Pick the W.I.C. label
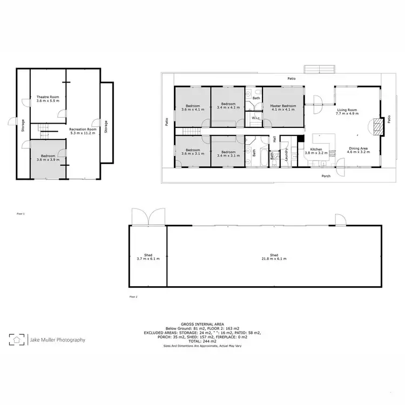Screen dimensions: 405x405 click(254, 119)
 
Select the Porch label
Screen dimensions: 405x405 click(326, 176)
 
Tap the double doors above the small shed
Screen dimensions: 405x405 click(147, 217)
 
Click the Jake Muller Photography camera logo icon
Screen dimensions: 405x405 click(17, 340)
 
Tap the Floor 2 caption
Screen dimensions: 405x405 click(133, 296)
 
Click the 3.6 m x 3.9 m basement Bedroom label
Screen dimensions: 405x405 click(48, 158)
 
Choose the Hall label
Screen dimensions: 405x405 click(275, 139)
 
